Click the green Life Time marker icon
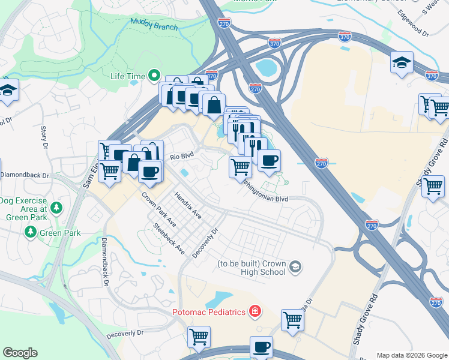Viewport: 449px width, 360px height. [x=154, y=76]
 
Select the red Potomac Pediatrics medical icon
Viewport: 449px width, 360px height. [x=255, y=311]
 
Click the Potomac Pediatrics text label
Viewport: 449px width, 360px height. [x=209, y=311]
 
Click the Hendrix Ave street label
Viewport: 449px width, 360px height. [x=188, y=204]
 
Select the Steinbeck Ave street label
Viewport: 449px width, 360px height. [x=169, y=239]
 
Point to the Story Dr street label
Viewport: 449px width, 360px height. [x=44, y=136]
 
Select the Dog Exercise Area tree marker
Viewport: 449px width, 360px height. [x=56, y=208]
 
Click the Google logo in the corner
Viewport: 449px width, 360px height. [x=20, y=353]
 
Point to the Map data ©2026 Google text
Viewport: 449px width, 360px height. [x=412, y=355]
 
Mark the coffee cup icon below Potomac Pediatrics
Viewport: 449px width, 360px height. [x=261, y=347]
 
